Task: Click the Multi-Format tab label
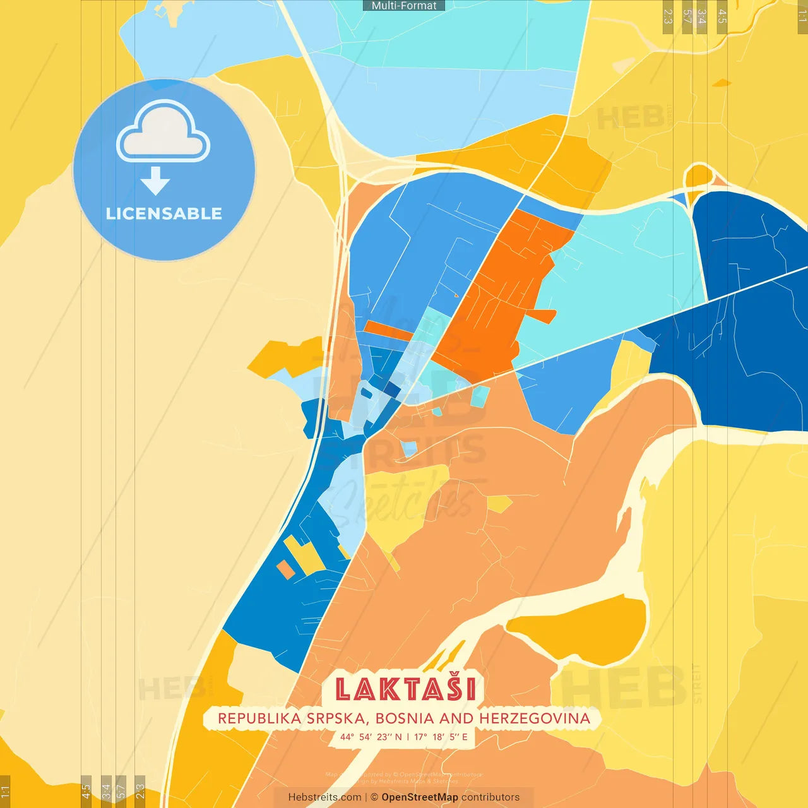404,6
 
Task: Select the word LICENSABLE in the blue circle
163,213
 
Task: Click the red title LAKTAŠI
405,689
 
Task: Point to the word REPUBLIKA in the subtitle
259,718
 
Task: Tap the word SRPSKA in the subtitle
339,718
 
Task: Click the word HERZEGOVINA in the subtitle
535,718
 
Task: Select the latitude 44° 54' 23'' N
371,737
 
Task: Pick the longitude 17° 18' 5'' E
441,737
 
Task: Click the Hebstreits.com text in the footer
324,797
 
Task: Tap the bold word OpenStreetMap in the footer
420,797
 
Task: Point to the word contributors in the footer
490,797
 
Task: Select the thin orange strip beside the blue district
388,330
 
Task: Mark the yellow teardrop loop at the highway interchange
698,177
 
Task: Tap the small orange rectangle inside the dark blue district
285,569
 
